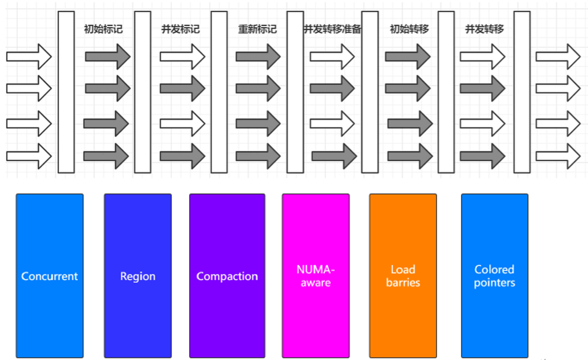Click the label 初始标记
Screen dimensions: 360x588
pos(104,29)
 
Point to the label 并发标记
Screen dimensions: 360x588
pos(180,29)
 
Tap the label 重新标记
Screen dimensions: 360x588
pos(257,29)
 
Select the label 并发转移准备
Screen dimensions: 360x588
pos(332,29)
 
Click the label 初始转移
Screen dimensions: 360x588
pos(409,29)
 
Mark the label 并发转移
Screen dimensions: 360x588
pos(484,29)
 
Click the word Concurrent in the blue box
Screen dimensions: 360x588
pos(50,276)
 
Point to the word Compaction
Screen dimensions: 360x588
pos(227,276)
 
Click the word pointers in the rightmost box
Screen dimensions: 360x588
pos(494,283)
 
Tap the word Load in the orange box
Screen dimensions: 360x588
pos(403,269)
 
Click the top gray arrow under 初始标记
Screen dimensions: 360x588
pos(107,56)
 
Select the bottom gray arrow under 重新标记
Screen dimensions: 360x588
pos(258,156)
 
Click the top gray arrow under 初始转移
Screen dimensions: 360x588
pos(408,56)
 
